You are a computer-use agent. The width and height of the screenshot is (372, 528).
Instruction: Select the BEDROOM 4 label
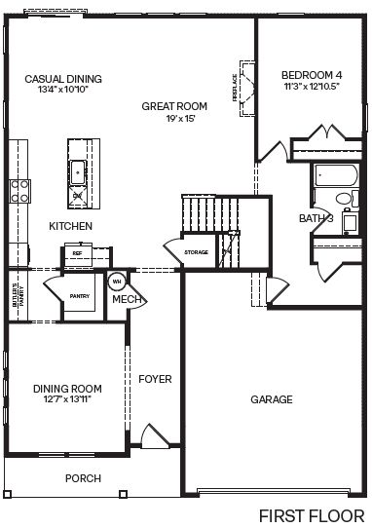click(x=312, y=75)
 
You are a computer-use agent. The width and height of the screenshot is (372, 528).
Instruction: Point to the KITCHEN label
click(x=71, y=226)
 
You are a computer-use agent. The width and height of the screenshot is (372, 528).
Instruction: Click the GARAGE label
click(x=272, y=399)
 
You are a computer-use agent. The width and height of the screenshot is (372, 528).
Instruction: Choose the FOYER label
click(x=155, y=378)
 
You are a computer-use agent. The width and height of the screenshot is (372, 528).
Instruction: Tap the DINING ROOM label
click(x=67, y=389)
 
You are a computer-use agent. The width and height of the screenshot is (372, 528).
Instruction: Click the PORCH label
click(x=83, y=478)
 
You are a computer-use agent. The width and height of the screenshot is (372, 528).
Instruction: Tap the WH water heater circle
click(x=116, y=282)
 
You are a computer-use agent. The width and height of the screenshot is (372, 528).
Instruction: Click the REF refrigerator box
click(x=77, y=252)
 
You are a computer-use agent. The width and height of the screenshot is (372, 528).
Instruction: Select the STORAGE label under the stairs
click(x=197, y=252)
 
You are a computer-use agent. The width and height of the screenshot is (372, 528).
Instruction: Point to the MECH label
click(x=128, y=299)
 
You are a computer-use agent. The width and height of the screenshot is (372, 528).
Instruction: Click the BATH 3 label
click(x=316, y=219)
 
